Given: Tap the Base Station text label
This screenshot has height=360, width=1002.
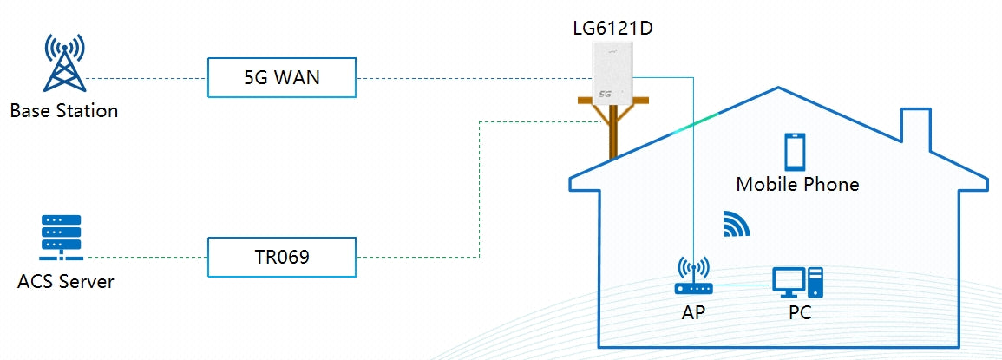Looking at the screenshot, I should point(64,111).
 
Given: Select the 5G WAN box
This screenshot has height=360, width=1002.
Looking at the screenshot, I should point(282,77).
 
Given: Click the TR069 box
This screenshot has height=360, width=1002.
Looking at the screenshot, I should point(282,257).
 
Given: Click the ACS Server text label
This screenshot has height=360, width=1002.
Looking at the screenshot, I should point(65,283).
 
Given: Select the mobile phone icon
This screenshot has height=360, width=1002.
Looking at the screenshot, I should point(796,152).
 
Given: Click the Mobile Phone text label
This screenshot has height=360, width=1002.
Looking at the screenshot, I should point(797,184).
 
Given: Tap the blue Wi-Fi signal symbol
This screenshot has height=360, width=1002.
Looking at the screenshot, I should point(736,224).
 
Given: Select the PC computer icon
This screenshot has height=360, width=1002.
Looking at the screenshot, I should point(797,280).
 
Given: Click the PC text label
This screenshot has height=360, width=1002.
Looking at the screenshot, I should point(800,312).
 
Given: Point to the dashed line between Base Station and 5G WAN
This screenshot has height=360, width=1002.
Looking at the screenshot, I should point(147,78).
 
